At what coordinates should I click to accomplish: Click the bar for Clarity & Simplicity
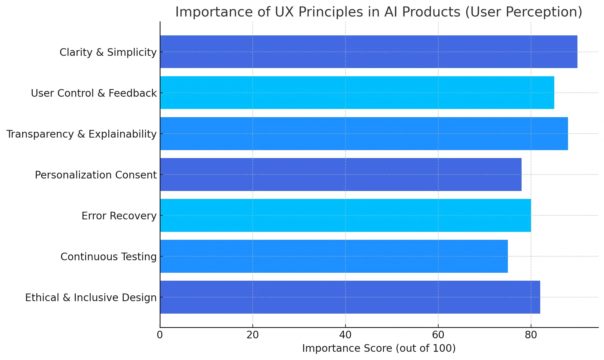[368, 52]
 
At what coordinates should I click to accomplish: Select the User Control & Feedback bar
[357, 92]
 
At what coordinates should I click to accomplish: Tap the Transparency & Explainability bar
[364, 133]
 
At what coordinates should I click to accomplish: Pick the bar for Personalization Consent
[341, 174]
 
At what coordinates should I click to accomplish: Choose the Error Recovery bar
[345, 215]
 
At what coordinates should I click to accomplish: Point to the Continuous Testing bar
[334, 256]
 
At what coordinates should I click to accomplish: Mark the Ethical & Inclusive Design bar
[350, 297]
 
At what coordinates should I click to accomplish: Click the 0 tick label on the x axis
[160, 335]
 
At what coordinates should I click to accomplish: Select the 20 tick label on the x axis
[252, 335]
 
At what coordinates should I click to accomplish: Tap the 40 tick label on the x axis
[345, 335]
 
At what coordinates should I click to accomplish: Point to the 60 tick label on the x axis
[438, 335]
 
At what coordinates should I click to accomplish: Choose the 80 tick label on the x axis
[531, 335]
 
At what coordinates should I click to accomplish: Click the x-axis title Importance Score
[379, 348]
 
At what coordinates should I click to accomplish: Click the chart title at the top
[378, 12]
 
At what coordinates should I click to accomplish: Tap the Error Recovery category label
[119, 216]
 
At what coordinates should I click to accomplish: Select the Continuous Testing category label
[108, 257]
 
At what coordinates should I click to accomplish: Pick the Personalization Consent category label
[96, 175]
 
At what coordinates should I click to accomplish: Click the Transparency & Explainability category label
[81, 134]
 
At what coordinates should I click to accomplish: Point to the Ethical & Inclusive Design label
[91, 297]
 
